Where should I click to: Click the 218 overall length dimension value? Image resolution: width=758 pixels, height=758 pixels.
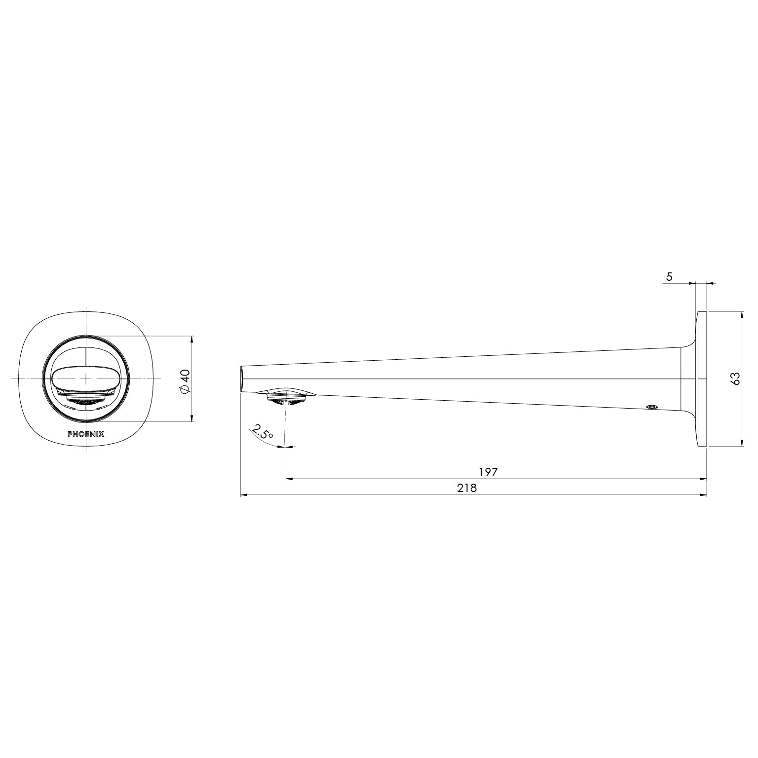coord(467,488)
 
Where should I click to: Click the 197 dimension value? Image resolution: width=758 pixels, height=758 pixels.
coord(488,472)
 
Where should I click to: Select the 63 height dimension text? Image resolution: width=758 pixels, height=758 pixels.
coord(735,379)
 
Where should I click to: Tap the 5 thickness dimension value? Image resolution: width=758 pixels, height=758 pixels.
coord(669,277)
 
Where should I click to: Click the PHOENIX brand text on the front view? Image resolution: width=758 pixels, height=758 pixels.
coord(86,434)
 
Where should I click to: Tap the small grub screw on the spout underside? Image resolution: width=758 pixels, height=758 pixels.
coord(652,407)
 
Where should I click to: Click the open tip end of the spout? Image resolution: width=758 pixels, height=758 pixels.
coord(242,379)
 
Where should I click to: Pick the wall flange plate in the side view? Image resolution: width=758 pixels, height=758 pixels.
coord(701,379)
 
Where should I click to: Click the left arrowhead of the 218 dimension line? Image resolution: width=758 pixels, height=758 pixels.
coord(243,495)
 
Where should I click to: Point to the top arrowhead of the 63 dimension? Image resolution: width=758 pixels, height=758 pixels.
coord(742,314)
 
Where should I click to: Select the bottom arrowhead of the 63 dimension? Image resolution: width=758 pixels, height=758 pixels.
coord(742,443)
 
